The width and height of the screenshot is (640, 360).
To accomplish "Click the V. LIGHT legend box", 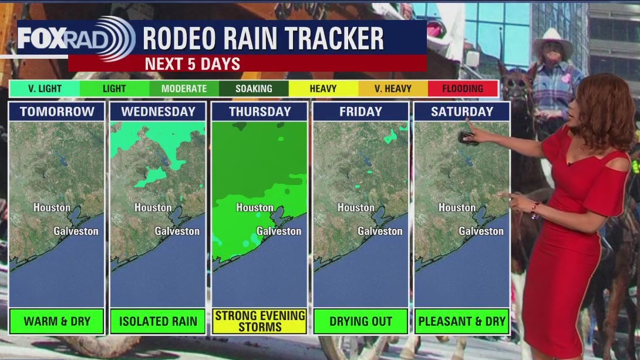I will (x=45, y=89).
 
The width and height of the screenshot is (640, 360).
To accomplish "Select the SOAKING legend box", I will (x=254, y=89).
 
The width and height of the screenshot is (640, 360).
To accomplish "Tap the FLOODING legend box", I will (x=463, y=89).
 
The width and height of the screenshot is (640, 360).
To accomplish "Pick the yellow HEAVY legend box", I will (x=323, y=89).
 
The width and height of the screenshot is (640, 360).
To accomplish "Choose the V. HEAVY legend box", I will (x=393, y=89).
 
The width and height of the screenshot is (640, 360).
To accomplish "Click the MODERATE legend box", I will (x=184, y=89).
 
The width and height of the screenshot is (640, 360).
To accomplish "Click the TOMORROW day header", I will (x=57, y=112).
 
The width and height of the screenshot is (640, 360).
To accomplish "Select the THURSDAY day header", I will (x=260, y=112).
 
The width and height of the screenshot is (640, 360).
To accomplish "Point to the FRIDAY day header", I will (x=361, y=112).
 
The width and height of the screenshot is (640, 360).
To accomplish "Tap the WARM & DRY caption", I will (x=57, y=321).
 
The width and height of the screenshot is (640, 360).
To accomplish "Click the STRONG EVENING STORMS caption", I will (x=260, y=321).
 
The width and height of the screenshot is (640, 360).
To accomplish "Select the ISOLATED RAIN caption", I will (x=158, y=321).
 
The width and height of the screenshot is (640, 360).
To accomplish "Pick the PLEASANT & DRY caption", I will (x=462, y=321).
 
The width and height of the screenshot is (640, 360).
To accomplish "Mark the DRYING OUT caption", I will (x=361, y=321).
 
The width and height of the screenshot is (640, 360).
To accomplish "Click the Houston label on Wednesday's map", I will (x=153, y=207).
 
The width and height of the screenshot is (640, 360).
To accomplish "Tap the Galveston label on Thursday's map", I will (x=279, y=231).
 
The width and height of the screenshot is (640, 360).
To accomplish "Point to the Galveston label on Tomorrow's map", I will (x=76, y=231).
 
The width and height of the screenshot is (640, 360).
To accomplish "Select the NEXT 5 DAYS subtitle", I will (x=193, y=63).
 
